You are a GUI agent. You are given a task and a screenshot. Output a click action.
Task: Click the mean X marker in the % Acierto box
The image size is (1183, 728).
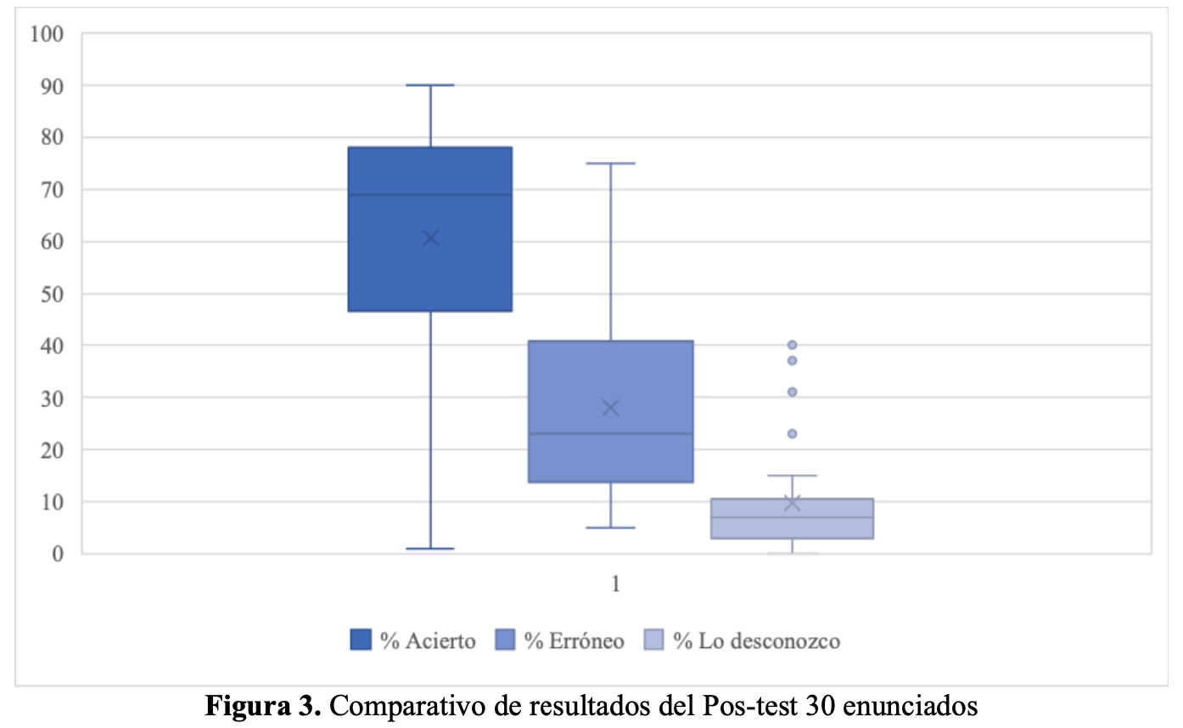[430, 238]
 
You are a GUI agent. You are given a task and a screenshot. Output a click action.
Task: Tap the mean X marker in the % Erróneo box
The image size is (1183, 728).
[611, 407]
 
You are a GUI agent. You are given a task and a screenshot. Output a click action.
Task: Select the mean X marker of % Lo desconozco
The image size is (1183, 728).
[792, 503]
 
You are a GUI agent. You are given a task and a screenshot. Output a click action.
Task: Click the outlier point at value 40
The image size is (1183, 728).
[792, 345]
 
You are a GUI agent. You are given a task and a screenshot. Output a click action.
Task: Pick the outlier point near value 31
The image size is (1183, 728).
[792, 392]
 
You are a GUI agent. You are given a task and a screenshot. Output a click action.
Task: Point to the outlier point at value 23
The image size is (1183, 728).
[792, 434]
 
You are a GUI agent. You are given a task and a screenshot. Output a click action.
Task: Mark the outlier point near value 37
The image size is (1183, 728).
[792, 361]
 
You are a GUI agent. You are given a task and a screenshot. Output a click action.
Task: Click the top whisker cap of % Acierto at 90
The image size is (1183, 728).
[430, 85]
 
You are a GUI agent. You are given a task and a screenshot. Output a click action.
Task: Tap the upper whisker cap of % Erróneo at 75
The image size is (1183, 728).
[611, 163]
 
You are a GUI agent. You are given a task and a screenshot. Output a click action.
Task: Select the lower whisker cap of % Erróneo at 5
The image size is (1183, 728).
[611, 528]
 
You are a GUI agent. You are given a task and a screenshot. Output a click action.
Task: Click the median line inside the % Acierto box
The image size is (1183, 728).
[430, 195]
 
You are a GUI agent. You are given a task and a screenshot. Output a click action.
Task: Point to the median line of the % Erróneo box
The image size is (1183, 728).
[611, 434]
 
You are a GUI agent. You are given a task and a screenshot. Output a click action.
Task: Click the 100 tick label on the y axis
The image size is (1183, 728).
[47, 34]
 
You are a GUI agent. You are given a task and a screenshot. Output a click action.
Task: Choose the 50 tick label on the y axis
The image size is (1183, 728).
[52, 294]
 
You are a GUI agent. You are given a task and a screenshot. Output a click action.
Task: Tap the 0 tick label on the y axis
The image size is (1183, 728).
[58, 554]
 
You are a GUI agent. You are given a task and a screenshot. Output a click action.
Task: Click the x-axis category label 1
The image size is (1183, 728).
[615, 585]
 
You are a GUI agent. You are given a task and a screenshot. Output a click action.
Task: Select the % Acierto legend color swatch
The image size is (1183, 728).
[361, 640]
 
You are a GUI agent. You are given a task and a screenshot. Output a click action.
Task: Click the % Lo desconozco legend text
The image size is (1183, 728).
[756, 641]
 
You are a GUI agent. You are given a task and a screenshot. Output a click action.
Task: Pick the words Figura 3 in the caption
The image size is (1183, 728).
[263, 706]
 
